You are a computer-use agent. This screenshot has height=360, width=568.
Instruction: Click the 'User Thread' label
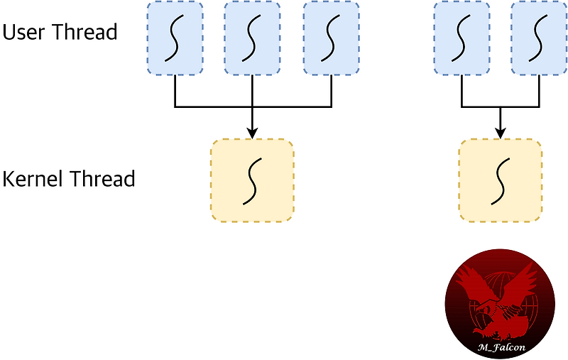60,32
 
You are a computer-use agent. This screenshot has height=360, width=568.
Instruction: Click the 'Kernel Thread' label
69,179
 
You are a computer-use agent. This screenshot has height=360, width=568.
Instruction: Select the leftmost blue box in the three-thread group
175,38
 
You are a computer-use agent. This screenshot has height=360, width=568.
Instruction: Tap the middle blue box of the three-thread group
253,38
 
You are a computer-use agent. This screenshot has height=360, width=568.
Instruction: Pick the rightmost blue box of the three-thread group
332,38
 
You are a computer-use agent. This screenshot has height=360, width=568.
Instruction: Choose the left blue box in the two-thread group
461,38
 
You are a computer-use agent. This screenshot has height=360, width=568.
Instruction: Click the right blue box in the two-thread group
539,38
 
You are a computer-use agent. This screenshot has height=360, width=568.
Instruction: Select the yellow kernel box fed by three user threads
252,180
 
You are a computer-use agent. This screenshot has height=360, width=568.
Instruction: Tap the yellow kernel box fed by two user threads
501,180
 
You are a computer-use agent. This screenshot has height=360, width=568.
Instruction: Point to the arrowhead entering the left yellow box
253,133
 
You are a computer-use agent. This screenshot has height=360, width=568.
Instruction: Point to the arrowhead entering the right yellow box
501,133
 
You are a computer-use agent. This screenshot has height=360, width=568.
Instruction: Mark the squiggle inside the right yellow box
501,180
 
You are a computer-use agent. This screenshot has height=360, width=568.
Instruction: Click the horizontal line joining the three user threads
213,107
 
